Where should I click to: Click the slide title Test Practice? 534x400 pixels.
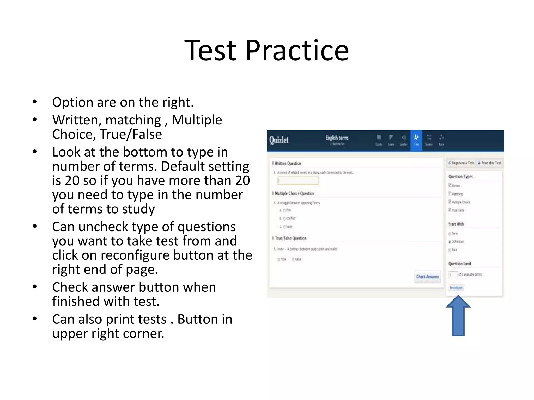coord(266,50)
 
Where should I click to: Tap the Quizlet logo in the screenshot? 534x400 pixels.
coord(279,140)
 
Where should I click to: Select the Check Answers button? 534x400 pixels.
coord(427,277)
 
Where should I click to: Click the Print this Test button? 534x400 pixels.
coord(489,163)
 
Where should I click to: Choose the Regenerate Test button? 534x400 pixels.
coord(461,163)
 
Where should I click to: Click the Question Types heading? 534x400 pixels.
coord(460,177)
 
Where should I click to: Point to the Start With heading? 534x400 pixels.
coord(456,224)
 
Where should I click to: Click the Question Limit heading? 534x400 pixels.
coord(460,264)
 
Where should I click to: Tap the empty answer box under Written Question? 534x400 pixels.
coord(298,181)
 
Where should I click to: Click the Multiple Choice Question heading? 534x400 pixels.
coord(294,193)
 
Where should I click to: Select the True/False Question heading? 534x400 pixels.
coord(290,238)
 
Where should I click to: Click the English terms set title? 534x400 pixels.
coord(337,138)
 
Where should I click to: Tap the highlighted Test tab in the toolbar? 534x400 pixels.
coord(416,141)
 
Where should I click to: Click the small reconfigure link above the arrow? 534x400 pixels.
coord(456,288)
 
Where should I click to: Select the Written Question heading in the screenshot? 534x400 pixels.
coord(288,163)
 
